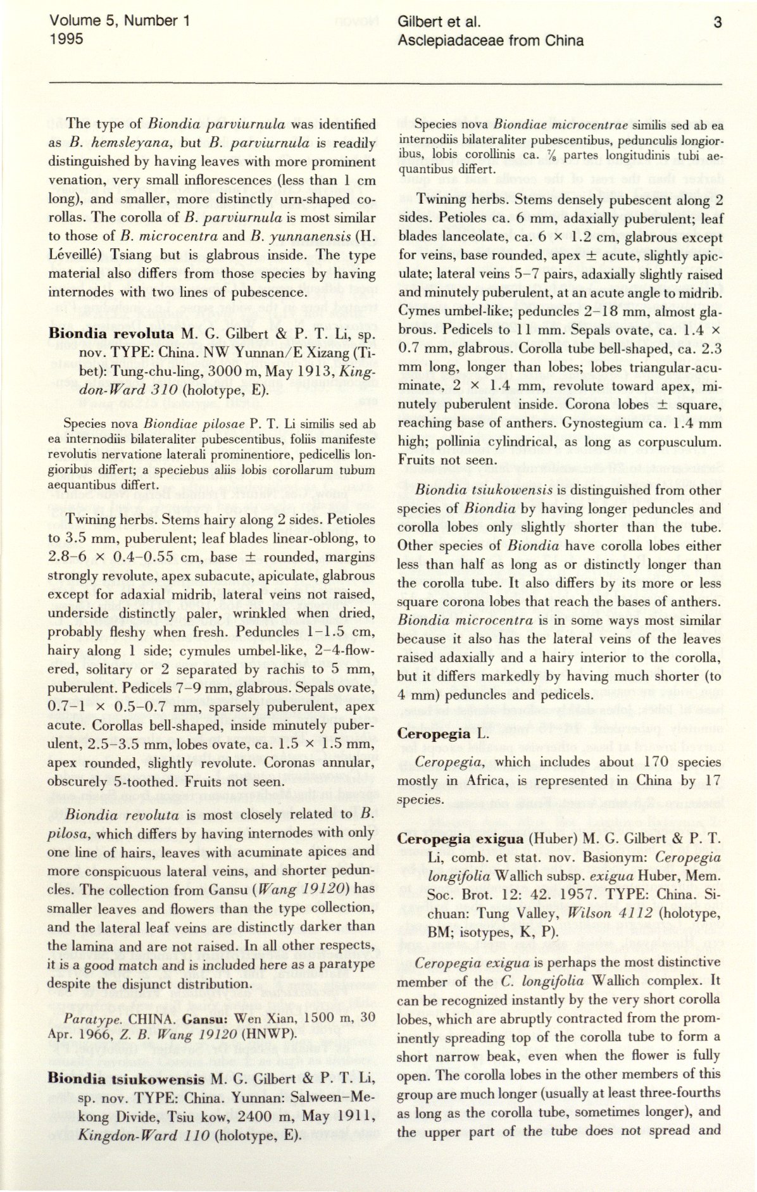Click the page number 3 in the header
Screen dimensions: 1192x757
[x=717, y=23]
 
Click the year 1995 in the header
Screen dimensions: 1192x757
[x=67, y=39]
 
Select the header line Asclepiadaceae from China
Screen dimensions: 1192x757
[x=491, y=41]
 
